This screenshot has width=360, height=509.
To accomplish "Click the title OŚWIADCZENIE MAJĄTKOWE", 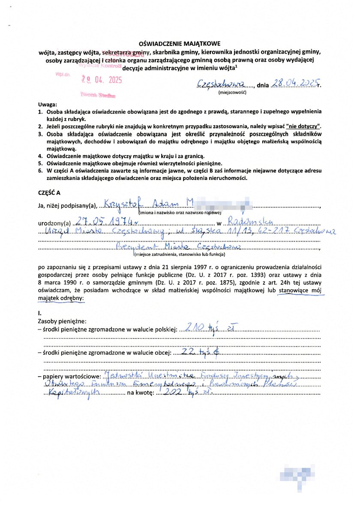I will (180, 44).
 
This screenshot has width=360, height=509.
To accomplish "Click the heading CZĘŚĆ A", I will (49, 193).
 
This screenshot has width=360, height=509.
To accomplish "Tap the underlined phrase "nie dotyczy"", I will (303, 126).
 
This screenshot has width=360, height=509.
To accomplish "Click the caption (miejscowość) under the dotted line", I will (231, 92).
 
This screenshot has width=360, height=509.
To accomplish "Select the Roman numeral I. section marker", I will (40, 314).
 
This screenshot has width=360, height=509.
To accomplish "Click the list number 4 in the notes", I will (39, 156).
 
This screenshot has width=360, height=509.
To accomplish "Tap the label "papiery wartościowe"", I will (69, 377).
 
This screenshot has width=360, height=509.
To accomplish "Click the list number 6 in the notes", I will (39, 171).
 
